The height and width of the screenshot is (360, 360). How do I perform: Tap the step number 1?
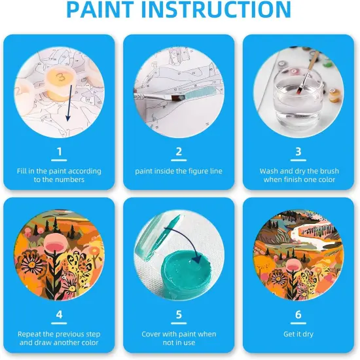pos(60,153)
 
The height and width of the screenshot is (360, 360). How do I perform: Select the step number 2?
pos(179,153)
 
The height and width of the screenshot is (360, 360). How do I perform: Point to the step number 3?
pos(298,153)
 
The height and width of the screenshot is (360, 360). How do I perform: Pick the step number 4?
pos(60,315)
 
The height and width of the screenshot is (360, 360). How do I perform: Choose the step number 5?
pos(179,315)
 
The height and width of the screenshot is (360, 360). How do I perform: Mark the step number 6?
pos(298,315)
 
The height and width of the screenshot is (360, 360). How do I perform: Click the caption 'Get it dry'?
pos(298,334)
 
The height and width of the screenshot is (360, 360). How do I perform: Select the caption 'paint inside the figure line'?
pos(179,171)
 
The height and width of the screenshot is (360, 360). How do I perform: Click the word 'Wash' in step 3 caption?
pos(270,171)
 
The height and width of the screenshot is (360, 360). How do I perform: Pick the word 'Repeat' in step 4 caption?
pos(31,334)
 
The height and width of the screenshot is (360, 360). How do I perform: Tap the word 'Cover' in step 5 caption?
pos(153,334)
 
